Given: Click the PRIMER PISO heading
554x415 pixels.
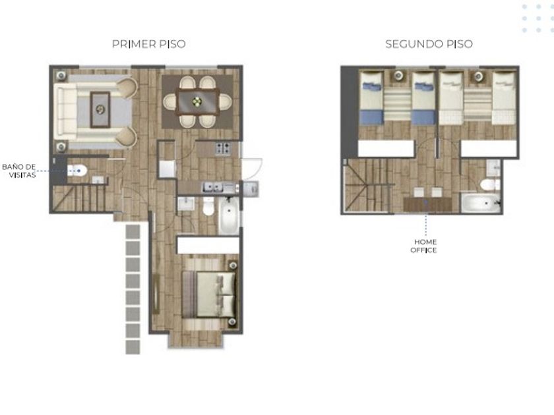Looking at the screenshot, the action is coord(149,44).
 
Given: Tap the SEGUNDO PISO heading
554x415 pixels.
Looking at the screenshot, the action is coord(429,44).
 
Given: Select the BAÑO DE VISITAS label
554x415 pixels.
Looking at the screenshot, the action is coord(19,171).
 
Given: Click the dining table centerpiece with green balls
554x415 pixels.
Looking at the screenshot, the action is coord(197,102).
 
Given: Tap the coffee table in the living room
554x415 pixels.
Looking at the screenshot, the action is coord(100,109).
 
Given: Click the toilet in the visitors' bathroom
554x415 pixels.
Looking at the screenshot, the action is coord(77,171).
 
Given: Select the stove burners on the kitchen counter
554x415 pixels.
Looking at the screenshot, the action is coord(223,149).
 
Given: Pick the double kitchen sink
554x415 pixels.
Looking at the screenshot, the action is coord(212,187).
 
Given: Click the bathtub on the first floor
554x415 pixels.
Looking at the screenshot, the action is coord(229,215).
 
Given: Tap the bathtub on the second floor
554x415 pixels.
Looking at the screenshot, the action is coord(481,204).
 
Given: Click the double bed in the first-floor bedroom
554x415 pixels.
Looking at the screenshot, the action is coord(208,294).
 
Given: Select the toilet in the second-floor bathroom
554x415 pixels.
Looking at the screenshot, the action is coord(490,184).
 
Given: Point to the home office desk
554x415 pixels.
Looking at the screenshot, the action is coord(427,204).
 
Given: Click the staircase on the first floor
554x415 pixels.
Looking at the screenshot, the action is coord(83,198).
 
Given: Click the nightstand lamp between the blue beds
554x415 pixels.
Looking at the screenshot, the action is coord(398,75).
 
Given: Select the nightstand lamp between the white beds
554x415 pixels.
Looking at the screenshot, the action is coord(478,76).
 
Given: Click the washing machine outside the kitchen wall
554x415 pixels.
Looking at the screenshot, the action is coord(251,189).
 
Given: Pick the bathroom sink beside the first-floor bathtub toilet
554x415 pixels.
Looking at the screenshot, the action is coord(186,204).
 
